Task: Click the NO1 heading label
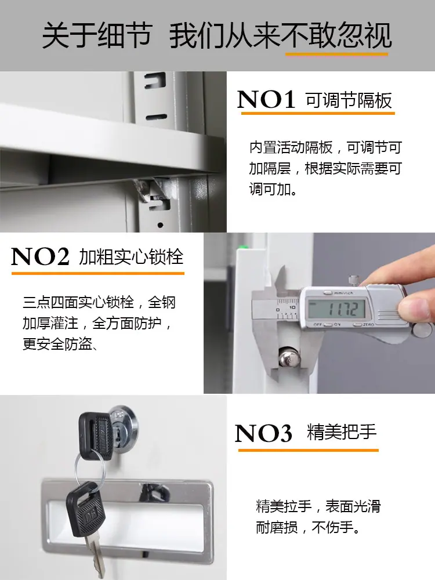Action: click(x=266, y=100)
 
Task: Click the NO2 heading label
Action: click(x=41, y=256)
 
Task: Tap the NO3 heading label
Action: click(x=263, y=433)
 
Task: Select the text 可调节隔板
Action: click(x=349, y=100)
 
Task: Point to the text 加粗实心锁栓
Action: click(x=131, y=257)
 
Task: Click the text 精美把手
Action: click(x=342, y=432)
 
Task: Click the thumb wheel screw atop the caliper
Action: click(x=355, y=280)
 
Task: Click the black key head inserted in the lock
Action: click(x=96, y=436)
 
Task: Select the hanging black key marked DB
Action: click(x=85, y=510)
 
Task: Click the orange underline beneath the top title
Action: click(x=336, y=55)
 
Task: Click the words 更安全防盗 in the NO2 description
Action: click(x=57, y=344)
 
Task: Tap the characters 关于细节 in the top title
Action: click(x=97, y=35)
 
